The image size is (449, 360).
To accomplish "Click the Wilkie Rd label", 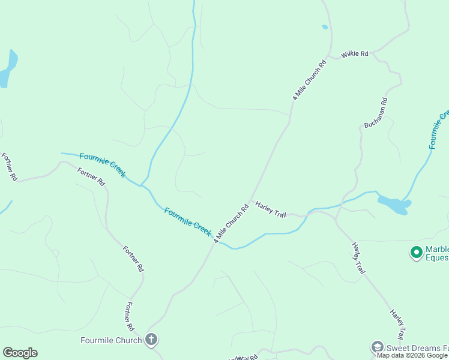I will coord(354,54).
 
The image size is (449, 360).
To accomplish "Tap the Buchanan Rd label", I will coord(376,112).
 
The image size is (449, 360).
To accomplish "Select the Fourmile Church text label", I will coord(111,341).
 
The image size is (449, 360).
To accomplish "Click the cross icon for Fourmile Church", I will coord(151,340).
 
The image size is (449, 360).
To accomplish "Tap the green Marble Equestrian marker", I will coord(415,253).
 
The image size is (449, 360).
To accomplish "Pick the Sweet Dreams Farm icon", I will coord(377,346).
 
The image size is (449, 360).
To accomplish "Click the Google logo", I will coord(20,353).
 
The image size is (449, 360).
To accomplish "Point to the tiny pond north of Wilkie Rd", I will coord(325,27).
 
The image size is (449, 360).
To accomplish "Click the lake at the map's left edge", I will coord(7,69).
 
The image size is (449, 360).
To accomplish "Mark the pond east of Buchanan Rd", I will coord(394,205).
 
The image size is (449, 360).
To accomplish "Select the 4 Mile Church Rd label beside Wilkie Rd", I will coord(309,80).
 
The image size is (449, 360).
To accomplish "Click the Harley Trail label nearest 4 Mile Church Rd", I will coord(271,209).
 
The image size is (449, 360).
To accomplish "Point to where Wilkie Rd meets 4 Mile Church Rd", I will coord(331,55).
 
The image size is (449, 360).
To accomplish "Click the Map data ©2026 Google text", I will coord(412,356).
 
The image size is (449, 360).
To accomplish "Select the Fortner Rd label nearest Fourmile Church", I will coord(128,317).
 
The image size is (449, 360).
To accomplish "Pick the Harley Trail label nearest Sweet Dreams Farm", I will coord(397,325).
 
